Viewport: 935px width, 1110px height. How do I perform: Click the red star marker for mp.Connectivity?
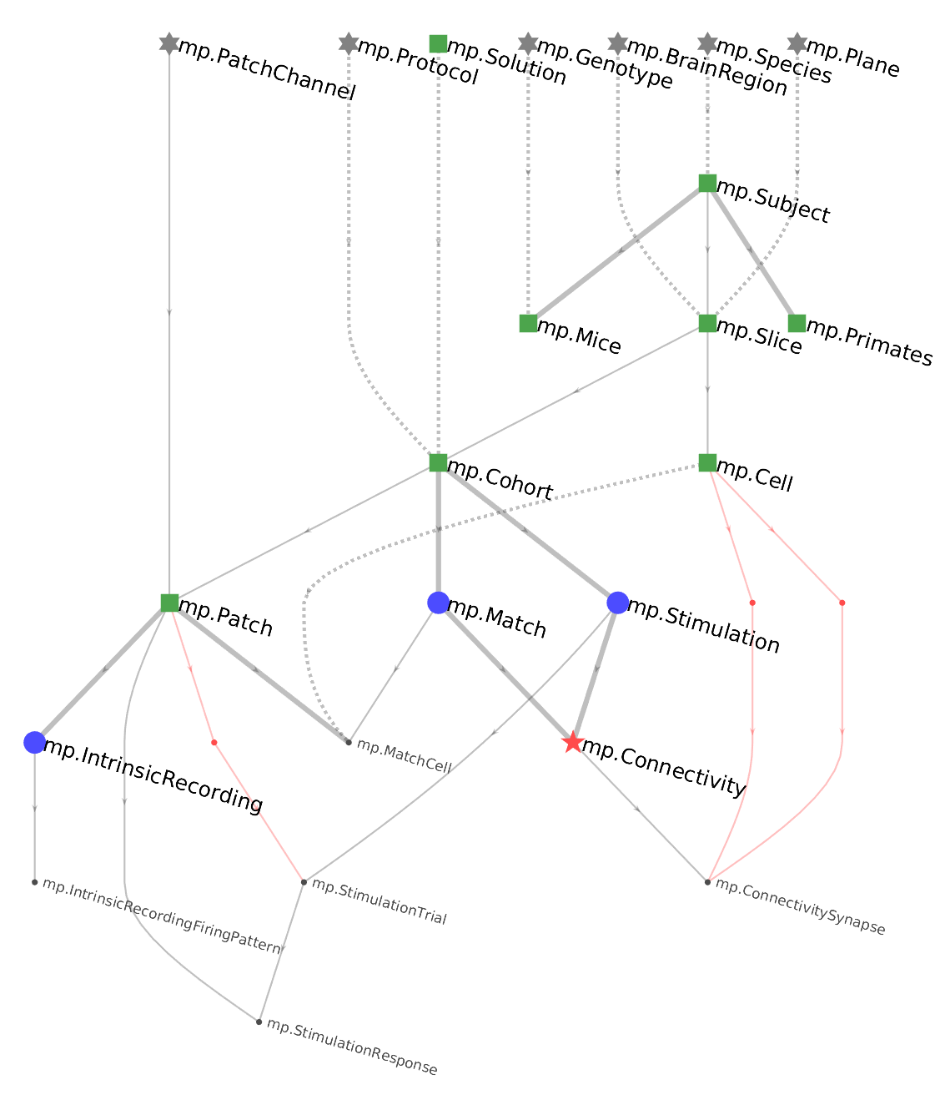[572, 742]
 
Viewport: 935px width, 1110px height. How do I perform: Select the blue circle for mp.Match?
[438, 603]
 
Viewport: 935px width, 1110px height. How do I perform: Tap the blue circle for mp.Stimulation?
[617, 603]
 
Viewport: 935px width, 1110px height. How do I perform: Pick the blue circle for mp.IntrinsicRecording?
[34, 742]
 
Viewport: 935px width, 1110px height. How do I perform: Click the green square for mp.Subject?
[707, 184]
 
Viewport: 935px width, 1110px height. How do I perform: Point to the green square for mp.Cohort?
[438, 462]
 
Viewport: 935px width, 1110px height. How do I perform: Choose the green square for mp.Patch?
[169, 603]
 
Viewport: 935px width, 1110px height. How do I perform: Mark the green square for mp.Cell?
[707, 462]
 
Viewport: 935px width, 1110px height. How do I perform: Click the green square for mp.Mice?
[528, 323]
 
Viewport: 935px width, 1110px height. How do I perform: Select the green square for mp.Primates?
[797, 323]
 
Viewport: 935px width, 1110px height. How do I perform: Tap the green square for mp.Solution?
[438, 43]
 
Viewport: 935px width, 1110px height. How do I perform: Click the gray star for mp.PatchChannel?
[169, 43]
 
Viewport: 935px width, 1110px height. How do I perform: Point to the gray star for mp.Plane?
[797, 43]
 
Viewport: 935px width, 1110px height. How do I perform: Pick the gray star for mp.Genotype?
[528, 43]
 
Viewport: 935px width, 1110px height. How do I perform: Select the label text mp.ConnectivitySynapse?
[800, 907]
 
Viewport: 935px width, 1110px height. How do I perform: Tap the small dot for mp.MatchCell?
[349, 742]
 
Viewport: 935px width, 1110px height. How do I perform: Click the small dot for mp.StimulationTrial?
[304, 882]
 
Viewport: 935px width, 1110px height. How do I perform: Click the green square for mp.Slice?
[707, 323]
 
